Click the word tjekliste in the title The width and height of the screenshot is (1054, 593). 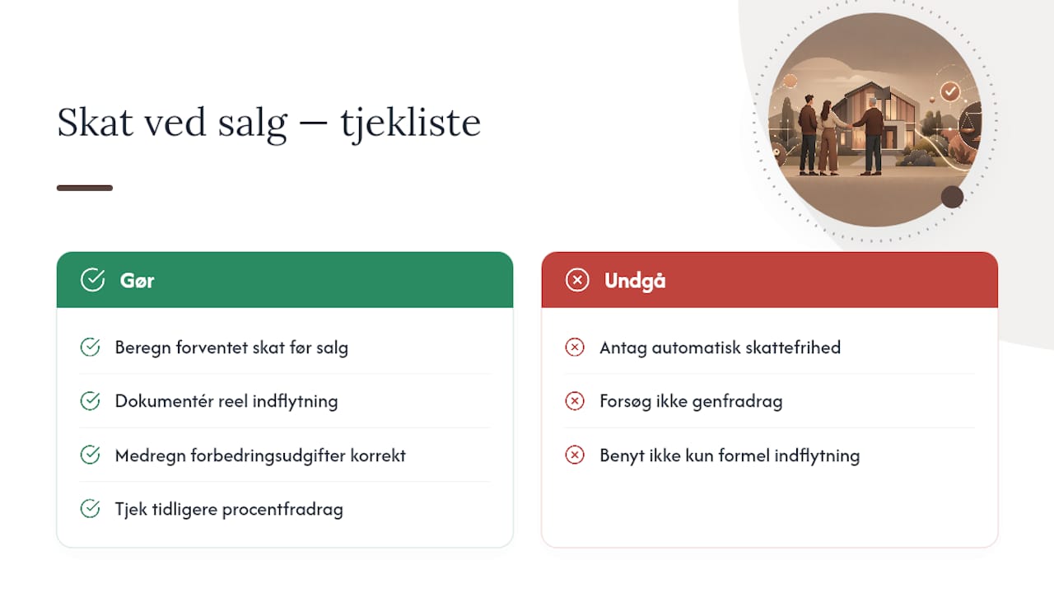410,123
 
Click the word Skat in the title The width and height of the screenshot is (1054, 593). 95,123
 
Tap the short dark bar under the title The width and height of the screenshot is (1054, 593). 85,188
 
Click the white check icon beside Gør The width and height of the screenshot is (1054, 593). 93,280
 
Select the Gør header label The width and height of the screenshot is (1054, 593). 137,281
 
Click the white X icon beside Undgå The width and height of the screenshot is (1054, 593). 577,280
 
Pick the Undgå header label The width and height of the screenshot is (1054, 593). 635,281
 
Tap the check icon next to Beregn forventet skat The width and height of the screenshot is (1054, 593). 90,348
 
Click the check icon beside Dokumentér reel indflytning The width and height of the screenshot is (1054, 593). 90,401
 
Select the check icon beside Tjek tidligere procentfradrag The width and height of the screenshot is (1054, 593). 90,509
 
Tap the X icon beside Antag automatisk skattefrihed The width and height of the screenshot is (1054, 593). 575,348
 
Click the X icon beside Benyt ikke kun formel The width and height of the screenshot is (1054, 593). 575,455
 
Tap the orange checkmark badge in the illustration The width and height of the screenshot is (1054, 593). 950,91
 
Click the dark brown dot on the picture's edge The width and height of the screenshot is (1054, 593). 952,197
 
